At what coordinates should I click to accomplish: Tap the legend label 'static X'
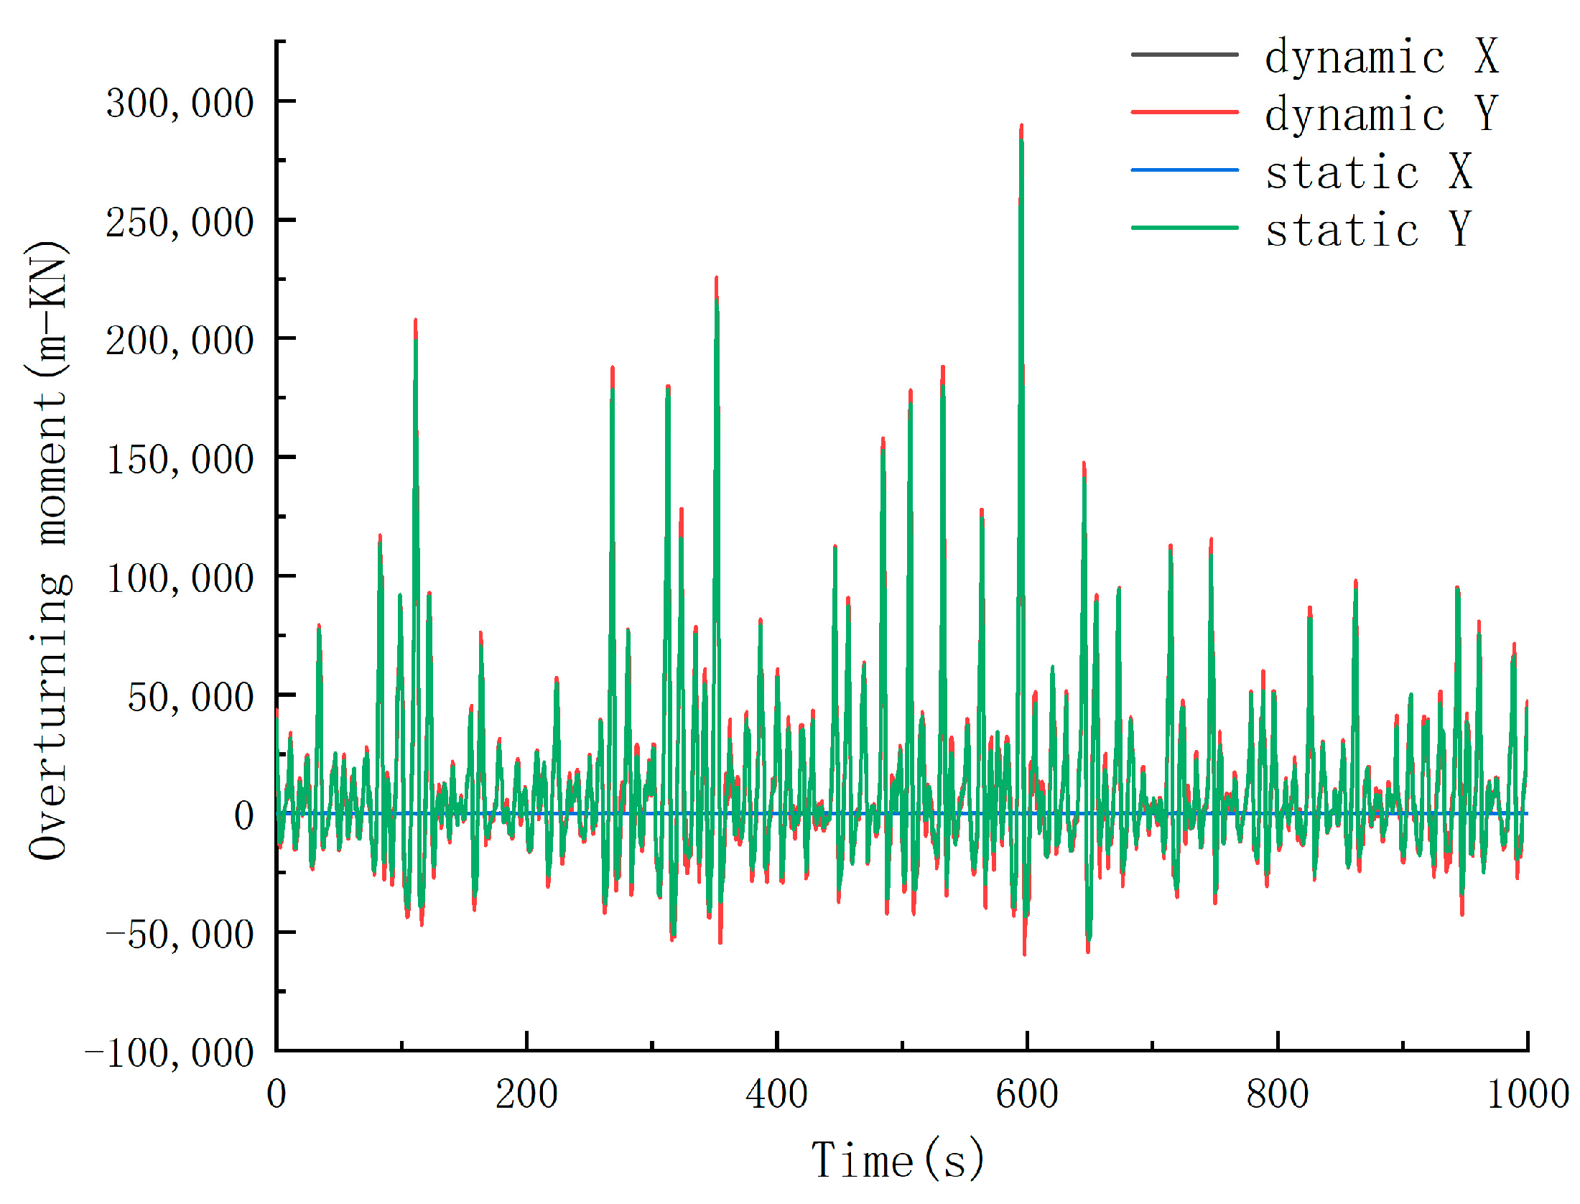coord(1369,172)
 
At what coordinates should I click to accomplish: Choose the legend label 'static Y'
coord(1369,229)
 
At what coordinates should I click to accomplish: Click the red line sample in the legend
coord(1184,112)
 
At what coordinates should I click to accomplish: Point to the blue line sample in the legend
coord(1184,170)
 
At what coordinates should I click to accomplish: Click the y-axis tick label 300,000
coord(180,103)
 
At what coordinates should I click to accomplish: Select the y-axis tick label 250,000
coord(180,222)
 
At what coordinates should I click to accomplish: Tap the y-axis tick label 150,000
coord(180,459)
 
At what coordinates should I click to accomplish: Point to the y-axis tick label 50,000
coord(190,697)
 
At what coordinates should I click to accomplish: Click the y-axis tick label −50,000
coord(180,935)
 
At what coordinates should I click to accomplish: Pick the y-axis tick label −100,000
coord(169,1053)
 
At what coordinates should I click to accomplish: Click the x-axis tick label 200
coord(526,1095)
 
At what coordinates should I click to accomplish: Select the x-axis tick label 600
coord(1027,1095)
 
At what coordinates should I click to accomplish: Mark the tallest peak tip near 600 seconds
coord(1021,126)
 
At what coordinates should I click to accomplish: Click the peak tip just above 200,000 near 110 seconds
coord(416,320)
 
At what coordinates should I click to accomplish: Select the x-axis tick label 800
coord(1278,1095)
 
